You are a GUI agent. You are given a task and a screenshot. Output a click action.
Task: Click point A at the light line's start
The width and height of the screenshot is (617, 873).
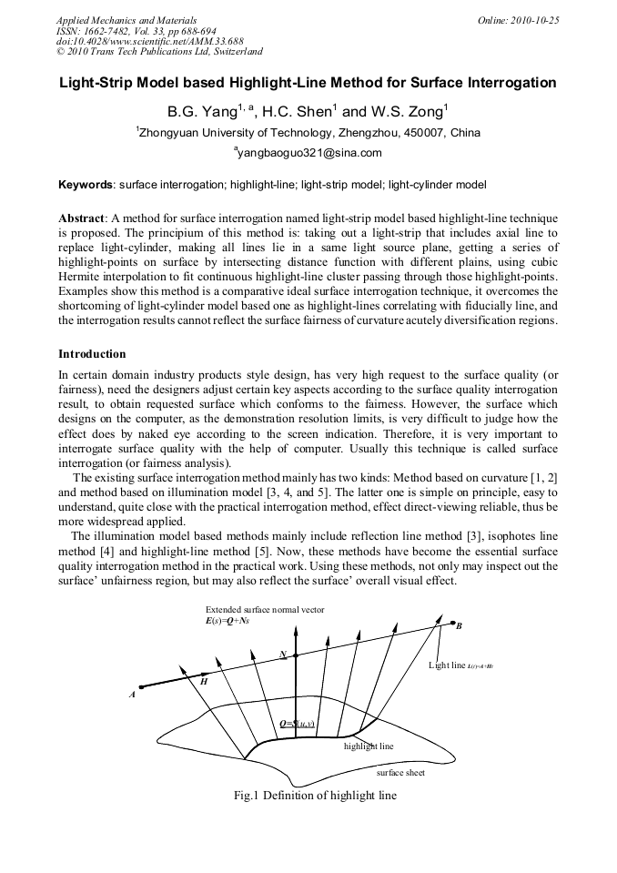click(x=133, y=694)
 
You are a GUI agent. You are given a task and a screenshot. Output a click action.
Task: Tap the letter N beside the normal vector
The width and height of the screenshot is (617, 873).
click(x=284, y=655)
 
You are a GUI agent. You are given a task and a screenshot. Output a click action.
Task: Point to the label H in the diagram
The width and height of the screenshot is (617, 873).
click(x=203, y=681)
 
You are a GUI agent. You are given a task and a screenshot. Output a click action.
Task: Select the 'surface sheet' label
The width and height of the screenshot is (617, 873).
click(x=400, y=772)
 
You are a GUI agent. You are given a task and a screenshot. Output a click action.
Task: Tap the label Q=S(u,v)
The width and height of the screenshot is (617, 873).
click(x=297, y=724)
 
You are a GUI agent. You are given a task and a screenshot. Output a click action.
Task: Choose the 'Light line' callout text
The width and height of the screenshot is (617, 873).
click(x=447, y=665)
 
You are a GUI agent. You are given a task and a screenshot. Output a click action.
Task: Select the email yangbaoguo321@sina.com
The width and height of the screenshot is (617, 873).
click(x=308, y=153)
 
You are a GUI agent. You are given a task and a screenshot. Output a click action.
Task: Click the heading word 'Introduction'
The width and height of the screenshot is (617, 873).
click(x=92, y=353)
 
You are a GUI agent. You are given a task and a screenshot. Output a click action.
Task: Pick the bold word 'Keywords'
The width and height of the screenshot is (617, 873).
click(x=86, y=185)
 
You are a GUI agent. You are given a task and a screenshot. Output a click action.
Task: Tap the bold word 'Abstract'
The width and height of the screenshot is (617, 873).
click(x=82, y=219)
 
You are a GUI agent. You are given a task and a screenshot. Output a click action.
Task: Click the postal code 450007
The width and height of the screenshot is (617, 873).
click(x=420, y=133)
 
